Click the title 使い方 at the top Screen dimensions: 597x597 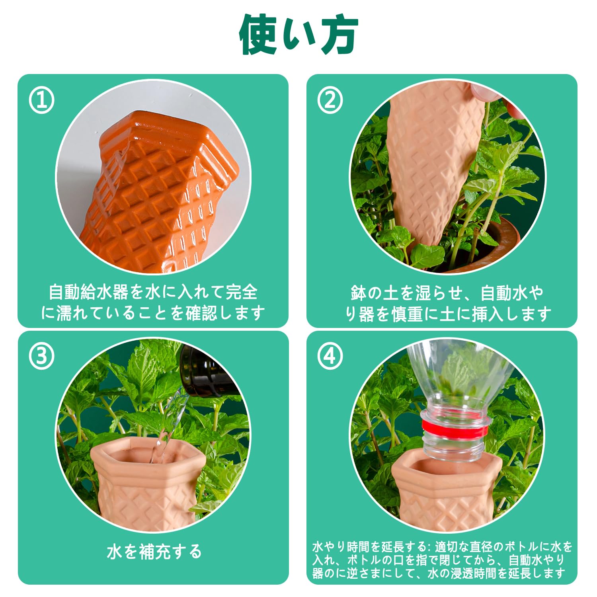tap(298, 35)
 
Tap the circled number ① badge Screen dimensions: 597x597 tap(42, 101)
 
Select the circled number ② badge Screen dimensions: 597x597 tap(330, 101)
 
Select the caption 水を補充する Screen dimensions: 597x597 tap(154, 552)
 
